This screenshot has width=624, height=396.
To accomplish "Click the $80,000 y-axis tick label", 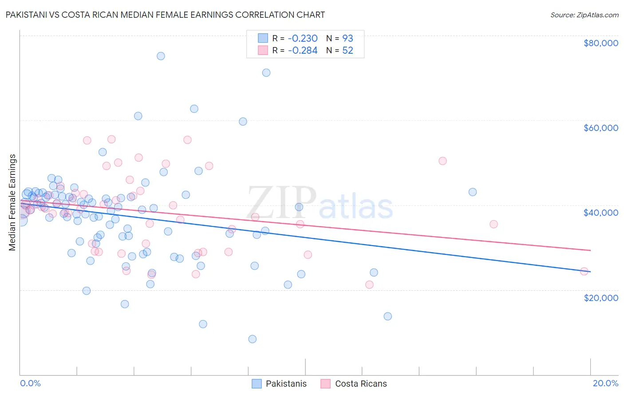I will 600,43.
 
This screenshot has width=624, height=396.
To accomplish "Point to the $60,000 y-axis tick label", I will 600,128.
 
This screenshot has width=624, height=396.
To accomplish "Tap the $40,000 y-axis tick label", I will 600,213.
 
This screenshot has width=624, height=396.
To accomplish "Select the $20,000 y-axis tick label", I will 600,297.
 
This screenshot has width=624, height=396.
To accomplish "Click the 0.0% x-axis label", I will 30,383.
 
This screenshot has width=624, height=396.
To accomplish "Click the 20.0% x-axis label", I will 605,383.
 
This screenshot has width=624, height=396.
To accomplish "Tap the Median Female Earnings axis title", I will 12,202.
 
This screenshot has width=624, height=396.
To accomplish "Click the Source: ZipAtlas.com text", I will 584,15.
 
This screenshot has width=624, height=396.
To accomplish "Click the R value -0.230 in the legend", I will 303,38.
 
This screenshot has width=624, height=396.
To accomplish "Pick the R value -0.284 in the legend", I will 303,50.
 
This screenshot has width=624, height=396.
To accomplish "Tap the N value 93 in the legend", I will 348,38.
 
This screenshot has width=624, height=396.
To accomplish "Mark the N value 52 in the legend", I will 348,50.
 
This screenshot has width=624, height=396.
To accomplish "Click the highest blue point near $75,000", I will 161,56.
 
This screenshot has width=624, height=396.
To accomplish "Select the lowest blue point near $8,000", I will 252,339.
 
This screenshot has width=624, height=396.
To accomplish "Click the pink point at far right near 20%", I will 584,271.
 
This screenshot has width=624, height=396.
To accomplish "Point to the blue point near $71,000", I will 266,73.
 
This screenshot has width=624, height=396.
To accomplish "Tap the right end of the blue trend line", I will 590,271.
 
